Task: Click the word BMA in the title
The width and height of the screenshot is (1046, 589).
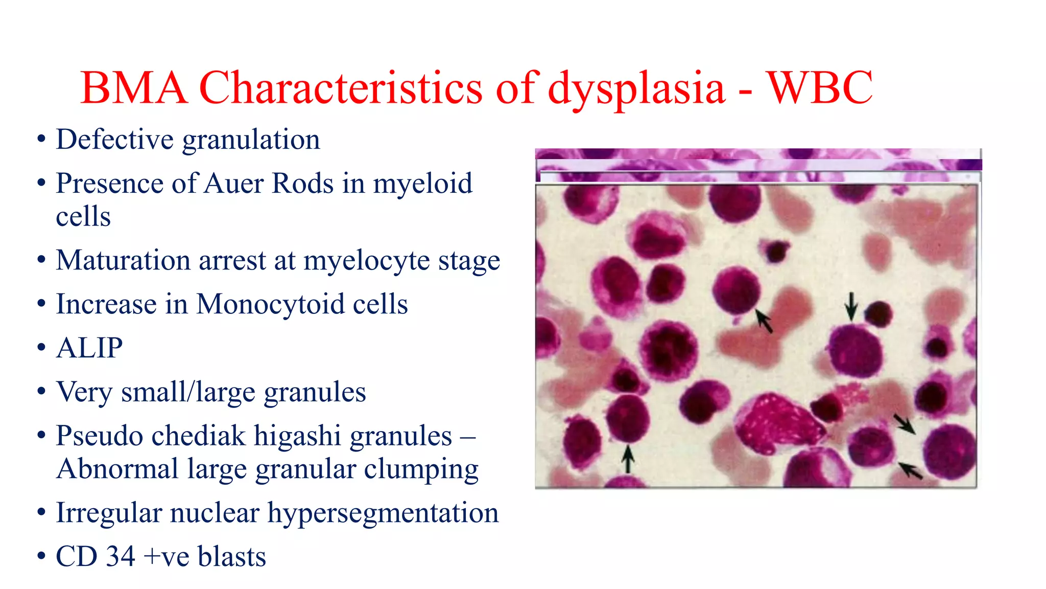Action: pos(134,88)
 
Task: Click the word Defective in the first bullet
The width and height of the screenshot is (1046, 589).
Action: pos(114,140)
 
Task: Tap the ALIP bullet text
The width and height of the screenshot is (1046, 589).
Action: pos(89,348)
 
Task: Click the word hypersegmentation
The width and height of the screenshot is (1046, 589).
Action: pos(383,513)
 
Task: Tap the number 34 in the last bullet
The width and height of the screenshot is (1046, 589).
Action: pos(121,557)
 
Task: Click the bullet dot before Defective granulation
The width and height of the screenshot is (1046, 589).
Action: pos(41,140)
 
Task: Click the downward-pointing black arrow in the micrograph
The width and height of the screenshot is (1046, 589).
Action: pos(850,306)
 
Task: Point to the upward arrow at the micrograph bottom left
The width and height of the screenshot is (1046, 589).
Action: pos(628,458)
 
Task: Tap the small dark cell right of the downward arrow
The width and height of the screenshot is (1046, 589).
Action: pos(878,313)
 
